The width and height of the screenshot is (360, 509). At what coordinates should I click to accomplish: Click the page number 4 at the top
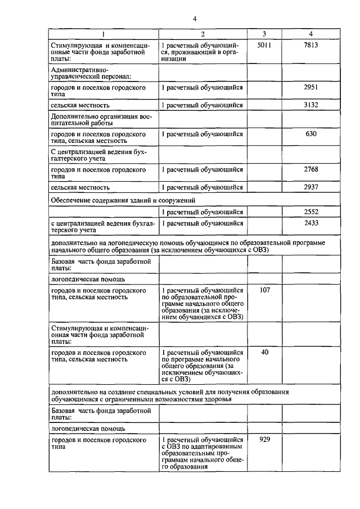[194, 18]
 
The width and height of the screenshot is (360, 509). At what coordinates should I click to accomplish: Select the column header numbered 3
[264, 34]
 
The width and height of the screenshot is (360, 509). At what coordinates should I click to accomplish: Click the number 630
[310, 134]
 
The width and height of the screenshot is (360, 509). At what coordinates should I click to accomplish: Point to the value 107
[264, 290]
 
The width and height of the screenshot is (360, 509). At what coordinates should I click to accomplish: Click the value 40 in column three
[264, 352]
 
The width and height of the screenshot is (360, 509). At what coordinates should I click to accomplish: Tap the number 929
[264, 439]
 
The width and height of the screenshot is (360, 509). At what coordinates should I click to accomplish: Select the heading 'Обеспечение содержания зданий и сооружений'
[124, 199]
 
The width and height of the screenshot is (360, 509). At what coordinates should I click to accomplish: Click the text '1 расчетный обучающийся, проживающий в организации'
[200, 52]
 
